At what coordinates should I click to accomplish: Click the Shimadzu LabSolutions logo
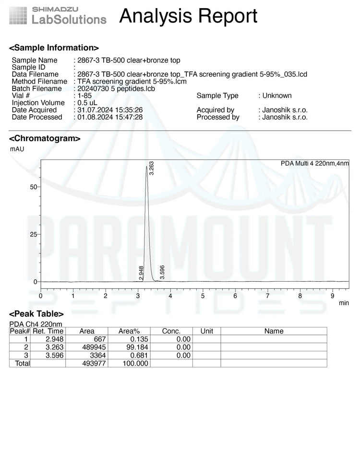pos(58,15)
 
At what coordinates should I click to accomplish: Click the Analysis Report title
pos(188,16)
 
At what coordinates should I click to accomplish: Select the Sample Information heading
pos(54,48)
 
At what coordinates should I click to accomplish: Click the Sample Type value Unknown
pos(277,96)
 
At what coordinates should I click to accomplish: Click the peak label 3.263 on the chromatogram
pos(152,168)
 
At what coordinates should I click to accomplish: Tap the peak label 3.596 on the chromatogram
pos(162,272)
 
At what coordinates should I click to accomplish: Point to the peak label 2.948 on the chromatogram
pos(142,273)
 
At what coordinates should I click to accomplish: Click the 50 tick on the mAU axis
pos(34,187)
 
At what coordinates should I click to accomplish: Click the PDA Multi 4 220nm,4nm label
pos(314,164)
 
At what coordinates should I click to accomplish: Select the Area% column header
pos(129,331)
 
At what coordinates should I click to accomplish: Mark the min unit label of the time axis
pos(344,303)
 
